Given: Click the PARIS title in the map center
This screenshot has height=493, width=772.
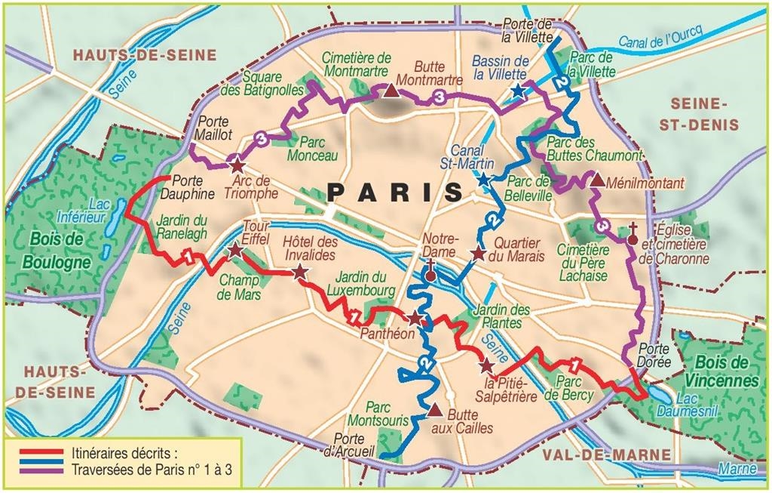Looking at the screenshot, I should (x=395, y=192).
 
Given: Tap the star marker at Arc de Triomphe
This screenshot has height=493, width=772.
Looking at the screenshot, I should (x=237, y=165).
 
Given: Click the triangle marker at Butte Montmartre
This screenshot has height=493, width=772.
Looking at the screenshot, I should (x=391, y=91).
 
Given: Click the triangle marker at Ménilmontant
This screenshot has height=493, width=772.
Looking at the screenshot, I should (x=597, y=180).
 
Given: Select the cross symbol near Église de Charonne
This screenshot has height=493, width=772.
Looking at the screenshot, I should (x=634, y=228).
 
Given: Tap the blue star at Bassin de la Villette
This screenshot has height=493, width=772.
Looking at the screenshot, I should (x=517, y=91).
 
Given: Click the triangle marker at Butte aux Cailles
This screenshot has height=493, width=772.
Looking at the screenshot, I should (x=434, y=411).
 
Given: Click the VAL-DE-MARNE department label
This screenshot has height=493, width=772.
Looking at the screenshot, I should (x=605, y=454).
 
